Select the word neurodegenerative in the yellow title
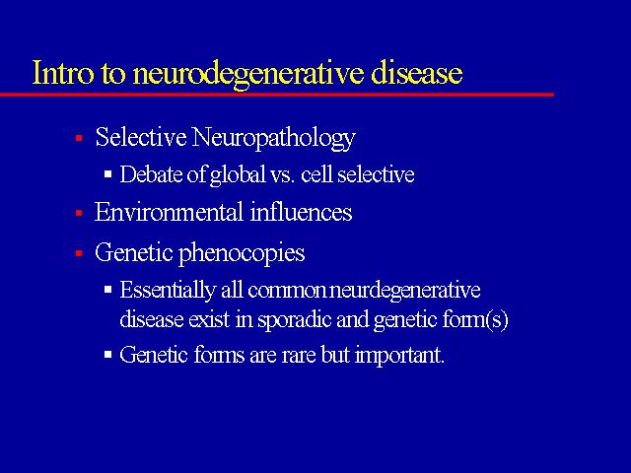click(x=247, y=75)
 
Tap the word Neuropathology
click(x=274, y=138)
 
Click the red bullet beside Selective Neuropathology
click(x=79, y=138)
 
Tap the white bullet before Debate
click(x=107, y=174)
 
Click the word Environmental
click(x=169, y=212)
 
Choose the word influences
click(x=301, y=212)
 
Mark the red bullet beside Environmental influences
click(x=79, y=213)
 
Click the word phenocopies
click(x=242, y=254)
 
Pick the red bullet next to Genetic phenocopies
click(x=79, y=253)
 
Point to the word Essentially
click(x=168, y=290)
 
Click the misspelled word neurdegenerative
click(x=404, y=291)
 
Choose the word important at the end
click(x=399, y=356)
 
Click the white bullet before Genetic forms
click(x=107, y=355)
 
